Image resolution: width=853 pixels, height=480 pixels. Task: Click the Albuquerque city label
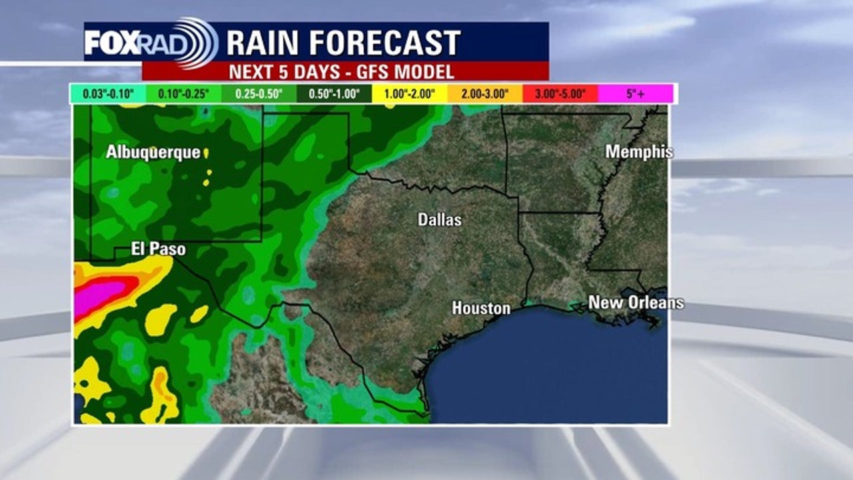(x=153, y=152)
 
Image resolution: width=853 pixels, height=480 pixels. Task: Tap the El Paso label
(x=159, y=249)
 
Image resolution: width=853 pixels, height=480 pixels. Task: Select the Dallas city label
(x=439, y=219)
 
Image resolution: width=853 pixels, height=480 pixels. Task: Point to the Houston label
(x=481, y=308)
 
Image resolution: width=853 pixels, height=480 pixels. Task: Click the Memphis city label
(x=638, y=152)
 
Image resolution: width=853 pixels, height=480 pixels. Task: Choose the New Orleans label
(x=635, y=303)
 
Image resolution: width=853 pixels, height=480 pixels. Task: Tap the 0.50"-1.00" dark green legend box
(x=334, y=94)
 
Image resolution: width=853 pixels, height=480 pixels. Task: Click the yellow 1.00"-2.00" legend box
(x=409, y=94)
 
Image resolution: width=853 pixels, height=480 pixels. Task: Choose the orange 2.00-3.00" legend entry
(x=484, y=94)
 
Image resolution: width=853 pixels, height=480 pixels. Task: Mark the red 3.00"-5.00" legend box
(x=560, y=94)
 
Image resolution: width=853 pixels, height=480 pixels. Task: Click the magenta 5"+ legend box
(x=635, y=94)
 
